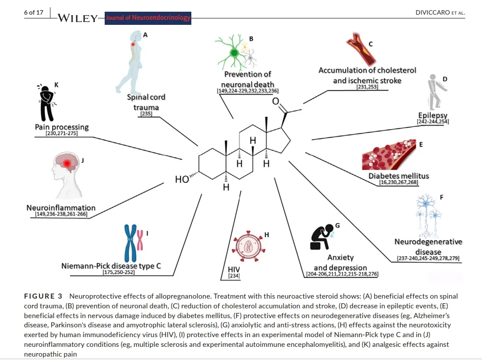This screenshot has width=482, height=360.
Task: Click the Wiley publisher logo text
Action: pyautogui.click(x=78, y=19)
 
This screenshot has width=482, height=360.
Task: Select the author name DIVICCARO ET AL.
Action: pyautogui.click(x=440, y=13)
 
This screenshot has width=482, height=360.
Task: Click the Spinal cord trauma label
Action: pyautogui.click(x=146, y=102)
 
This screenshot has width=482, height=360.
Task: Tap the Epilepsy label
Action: pyautogui.click(x=433, y=115)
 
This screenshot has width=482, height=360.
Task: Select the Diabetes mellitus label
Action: pyautogui.click(x=399, y=176)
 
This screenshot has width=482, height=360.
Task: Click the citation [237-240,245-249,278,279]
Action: pyautogui.click(x=428, y=258)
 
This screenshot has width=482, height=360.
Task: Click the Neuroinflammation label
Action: pyautogui.click(x=61, y=208)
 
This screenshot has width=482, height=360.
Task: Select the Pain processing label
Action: pyautogui.click(x=62, y=127)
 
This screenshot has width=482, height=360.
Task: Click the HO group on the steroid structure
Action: pyautogui.click(x=182, y=179)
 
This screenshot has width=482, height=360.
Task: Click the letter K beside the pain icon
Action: pyautogui.click(x=56, y=85)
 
